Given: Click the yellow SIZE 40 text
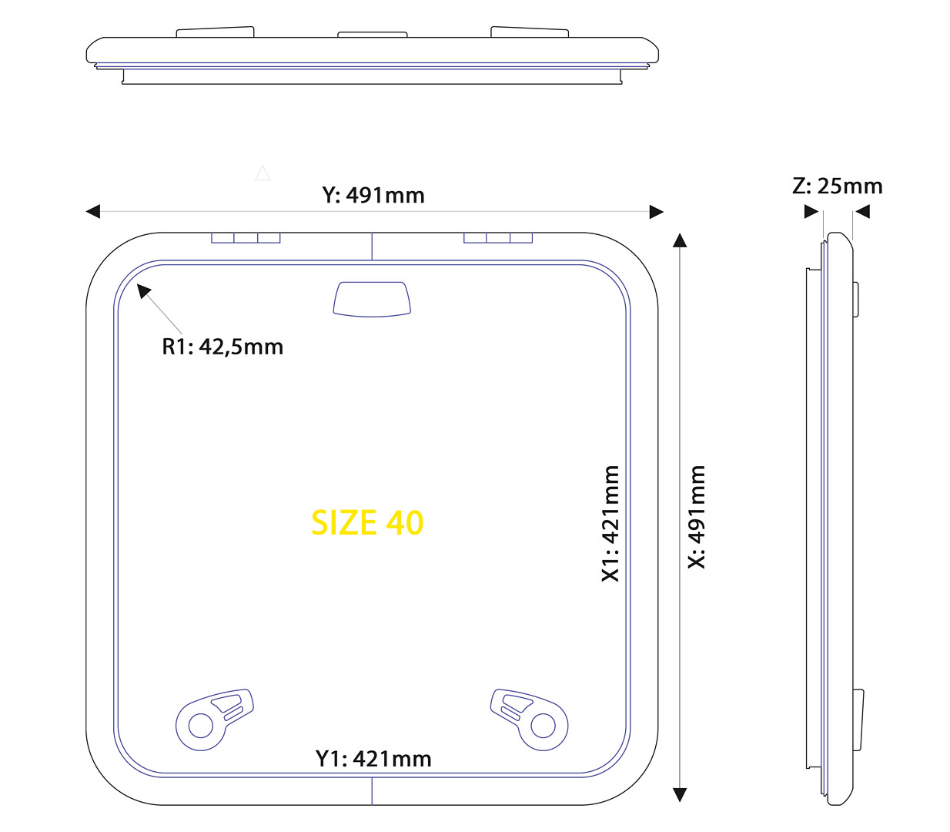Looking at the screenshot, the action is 367,522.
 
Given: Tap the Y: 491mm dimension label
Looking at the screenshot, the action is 373,196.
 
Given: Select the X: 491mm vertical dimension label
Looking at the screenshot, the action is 697,517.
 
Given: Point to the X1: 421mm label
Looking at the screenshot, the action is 610,523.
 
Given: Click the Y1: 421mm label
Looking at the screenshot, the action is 373,759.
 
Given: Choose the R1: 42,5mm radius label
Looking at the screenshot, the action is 222,347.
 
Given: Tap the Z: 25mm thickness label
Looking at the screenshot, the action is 837,186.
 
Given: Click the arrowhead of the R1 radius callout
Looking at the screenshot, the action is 143,290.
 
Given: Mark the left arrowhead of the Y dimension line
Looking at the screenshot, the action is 93,211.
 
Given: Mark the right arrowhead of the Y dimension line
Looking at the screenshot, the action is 656,212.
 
